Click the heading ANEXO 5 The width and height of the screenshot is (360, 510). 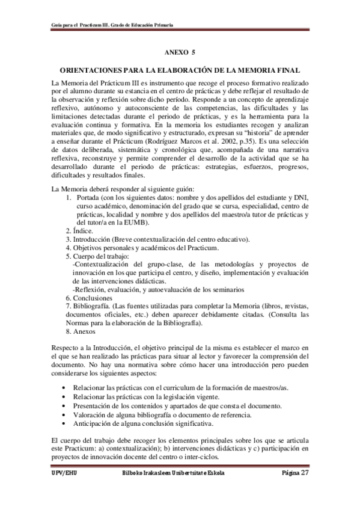(180, 53)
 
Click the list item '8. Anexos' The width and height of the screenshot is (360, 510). (81, 331)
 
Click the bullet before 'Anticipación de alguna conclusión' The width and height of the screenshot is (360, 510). (64, 423)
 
